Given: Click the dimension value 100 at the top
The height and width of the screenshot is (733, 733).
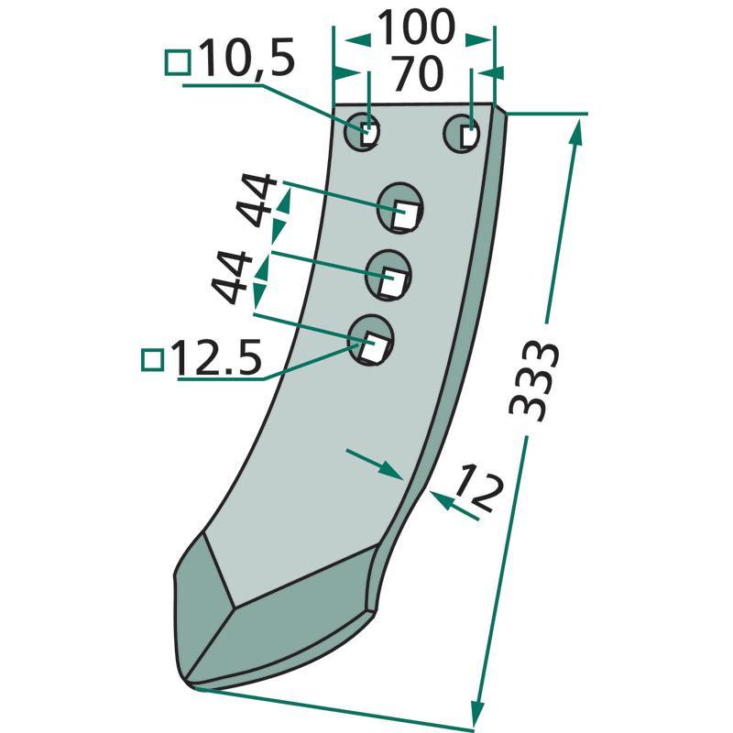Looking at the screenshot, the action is click(416, 27).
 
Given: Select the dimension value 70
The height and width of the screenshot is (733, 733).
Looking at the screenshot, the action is click(417, 74).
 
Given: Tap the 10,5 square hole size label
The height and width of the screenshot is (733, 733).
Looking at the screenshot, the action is click(247, 58).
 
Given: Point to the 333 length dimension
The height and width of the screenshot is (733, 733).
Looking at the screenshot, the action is click(533, 381).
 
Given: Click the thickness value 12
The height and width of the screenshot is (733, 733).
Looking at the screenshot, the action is click(480, 487).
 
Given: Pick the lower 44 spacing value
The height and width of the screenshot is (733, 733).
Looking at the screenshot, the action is click(232, 278).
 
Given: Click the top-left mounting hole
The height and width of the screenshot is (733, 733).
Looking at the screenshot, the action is click(361, 131).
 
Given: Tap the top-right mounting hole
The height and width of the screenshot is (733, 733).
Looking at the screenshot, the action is click(462, 133).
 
